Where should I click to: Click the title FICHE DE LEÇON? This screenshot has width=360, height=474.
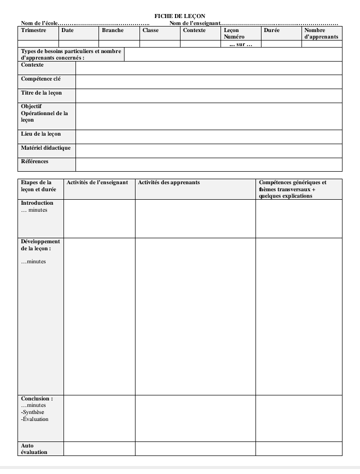point(180,17)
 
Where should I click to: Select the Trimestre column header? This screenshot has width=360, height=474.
point(33,31)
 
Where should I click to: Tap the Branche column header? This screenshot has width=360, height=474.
point(112,31)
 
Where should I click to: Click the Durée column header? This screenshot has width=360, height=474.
point(271,31)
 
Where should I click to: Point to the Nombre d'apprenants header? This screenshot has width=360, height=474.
point(321,34)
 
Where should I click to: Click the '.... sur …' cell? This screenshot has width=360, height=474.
point(240,45)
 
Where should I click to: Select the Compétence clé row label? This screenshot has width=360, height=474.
point(41,79)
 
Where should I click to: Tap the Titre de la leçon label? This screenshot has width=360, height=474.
point(41,93)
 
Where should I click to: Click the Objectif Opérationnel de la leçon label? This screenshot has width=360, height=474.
point(44,113)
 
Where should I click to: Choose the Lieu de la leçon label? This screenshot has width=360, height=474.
point(41,134)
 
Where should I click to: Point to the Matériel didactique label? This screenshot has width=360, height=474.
point(45,148)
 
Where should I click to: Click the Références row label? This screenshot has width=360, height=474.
point(34,162)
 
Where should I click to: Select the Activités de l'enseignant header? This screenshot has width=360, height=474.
point(97,183)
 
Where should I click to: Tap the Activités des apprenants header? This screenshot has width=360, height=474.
point(168,183)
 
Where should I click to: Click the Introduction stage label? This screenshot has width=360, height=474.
point(37,203)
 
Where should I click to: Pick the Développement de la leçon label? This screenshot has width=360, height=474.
point(40,245)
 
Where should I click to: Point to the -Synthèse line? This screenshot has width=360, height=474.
point(33,412)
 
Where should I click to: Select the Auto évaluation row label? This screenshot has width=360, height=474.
point(34,449)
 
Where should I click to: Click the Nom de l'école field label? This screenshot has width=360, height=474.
point(39,23)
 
